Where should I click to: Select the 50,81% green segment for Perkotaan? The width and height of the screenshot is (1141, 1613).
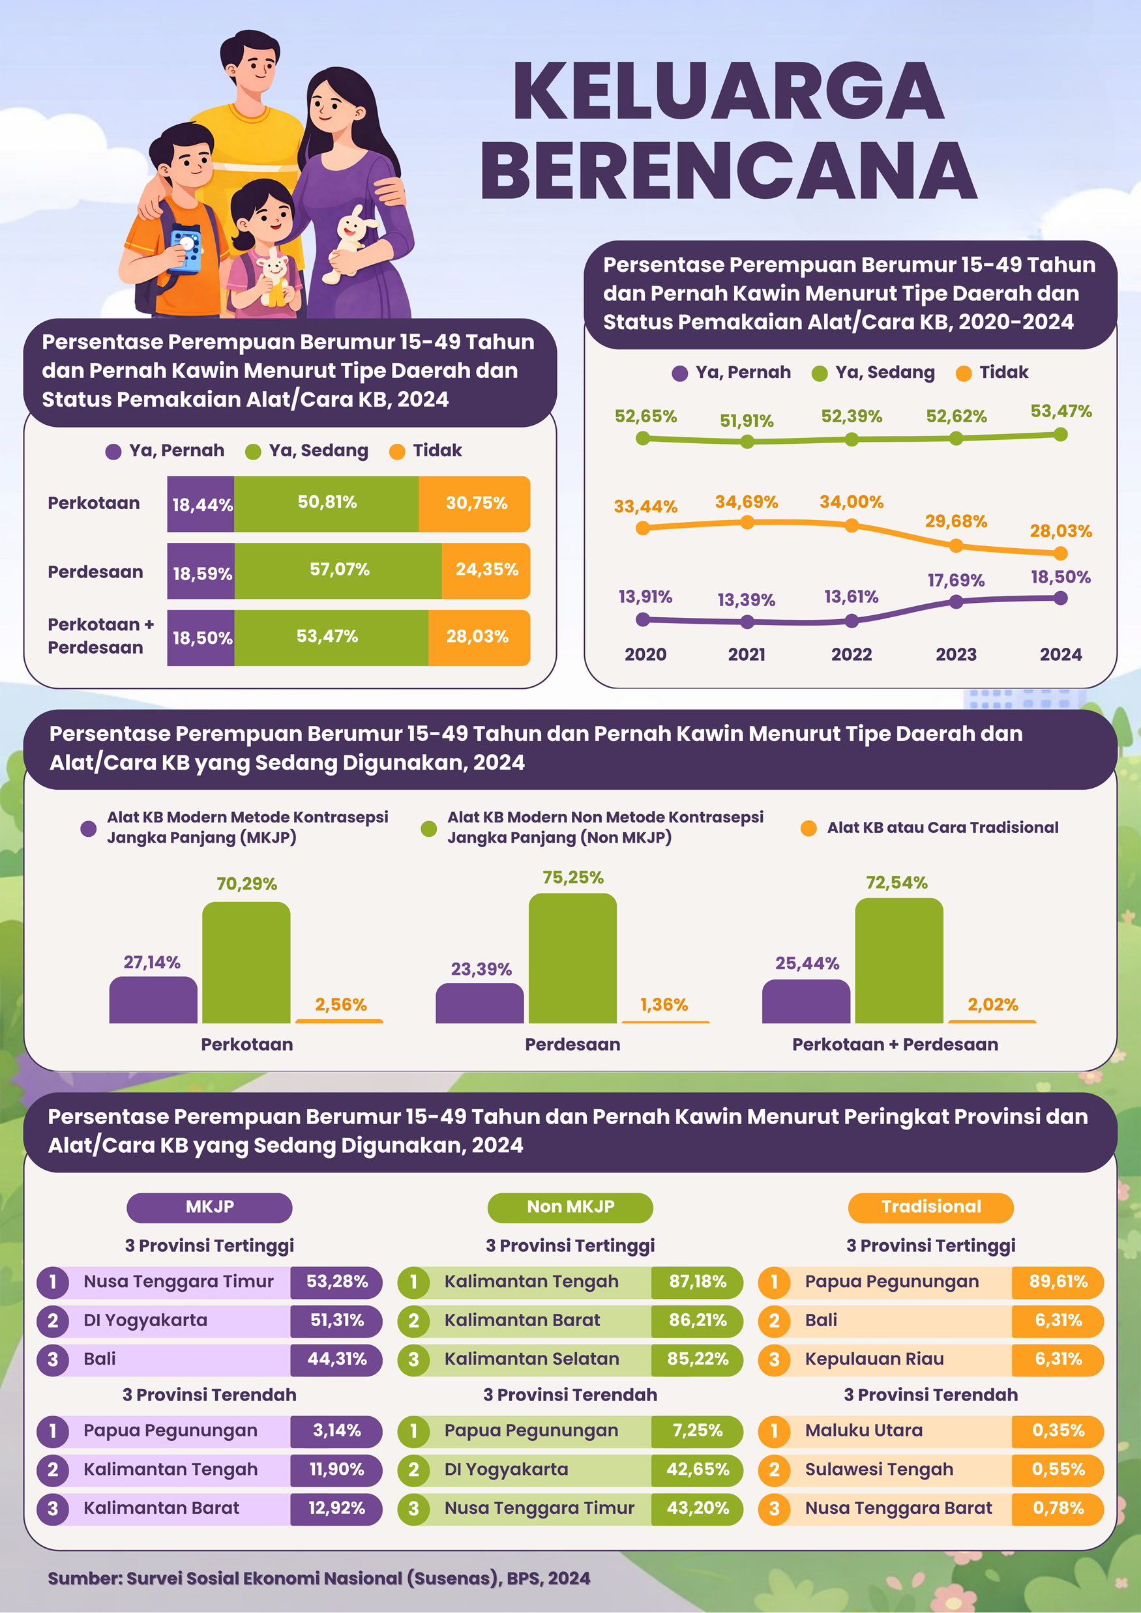point(326,503)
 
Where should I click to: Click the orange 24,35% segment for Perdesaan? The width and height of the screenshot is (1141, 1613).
point(486,570)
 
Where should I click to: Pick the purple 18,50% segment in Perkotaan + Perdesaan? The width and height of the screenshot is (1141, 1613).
point(201,637)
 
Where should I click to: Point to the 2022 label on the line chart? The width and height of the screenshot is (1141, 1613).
point(852,654)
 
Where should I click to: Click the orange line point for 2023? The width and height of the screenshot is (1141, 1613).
point(955,545)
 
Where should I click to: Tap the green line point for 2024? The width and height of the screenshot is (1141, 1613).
point(1061,435)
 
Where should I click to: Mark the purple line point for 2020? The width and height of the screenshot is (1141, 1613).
point(643,619)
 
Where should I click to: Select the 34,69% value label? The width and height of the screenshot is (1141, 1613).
point(747,502)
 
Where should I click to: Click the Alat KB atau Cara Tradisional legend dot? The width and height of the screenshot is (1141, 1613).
point(808,828)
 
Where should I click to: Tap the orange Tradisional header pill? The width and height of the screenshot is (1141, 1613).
point(930,1207)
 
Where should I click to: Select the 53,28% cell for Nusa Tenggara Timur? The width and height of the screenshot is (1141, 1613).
point(336,1281)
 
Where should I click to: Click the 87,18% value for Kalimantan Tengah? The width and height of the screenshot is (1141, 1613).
point(698,1281)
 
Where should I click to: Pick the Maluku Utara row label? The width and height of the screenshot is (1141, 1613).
point(863,1431)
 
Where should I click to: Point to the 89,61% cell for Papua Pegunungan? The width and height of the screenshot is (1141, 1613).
point(1058,1281)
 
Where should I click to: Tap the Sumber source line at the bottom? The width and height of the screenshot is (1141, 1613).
point(318,1578)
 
